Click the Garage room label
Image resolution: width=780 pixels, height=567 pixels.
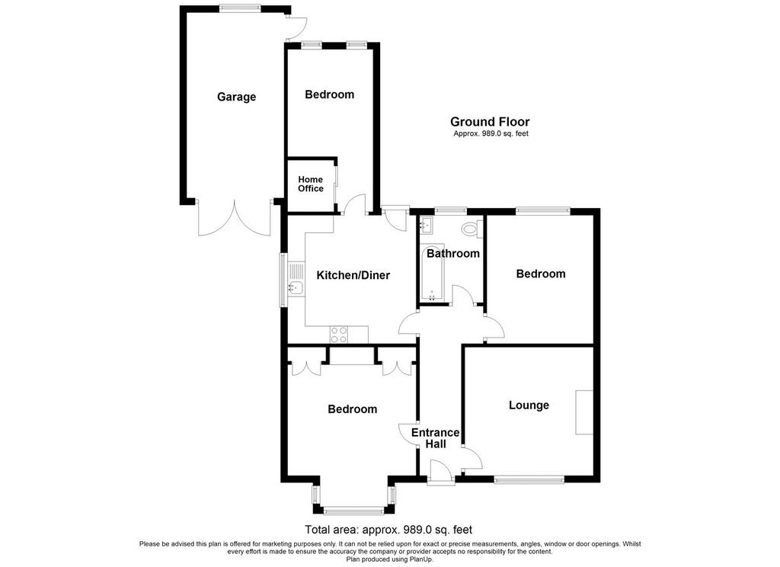click(236, 97)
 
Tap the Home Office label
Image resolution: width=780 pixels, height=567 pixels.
click(311, 184)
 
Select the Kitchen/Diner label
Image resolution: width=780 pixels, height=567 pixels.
click(353, 275)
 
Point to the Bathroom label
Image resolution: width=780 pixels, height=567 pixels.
click(453, 253)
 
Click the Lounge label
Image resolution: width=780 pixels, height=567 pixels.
click(529, 405)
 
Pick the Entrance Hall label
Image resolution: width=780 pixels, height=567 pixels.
click(435, 438)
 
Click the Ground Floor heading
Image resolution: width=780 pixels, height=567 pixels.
click(490, 121)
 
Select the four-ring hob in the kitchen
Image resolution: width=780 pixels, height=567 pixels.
click(339, 335)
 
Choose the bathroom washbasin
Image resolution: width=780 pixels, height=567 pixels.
click(427, 225)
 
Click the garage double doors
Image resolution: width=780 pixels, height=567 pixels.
click(235, 219)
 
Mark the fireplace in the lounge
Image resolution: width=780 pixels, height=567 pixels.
click(584, 413)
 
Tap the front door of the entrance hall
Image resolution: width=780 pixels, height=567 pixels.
click(441, 472)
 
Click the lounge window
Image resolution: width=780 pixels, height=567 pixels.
click(529, 480)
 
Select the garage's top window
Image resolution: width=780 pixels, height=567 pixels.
click(240, 8)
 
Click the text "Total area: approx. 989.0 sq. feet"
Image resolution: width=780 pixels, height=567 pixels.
click(388, 529)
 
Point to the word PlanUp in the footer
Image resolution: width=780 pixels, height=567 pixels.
click(420, 559)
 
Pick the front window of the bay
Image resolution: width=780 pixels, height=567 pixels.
click(353, 511)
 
